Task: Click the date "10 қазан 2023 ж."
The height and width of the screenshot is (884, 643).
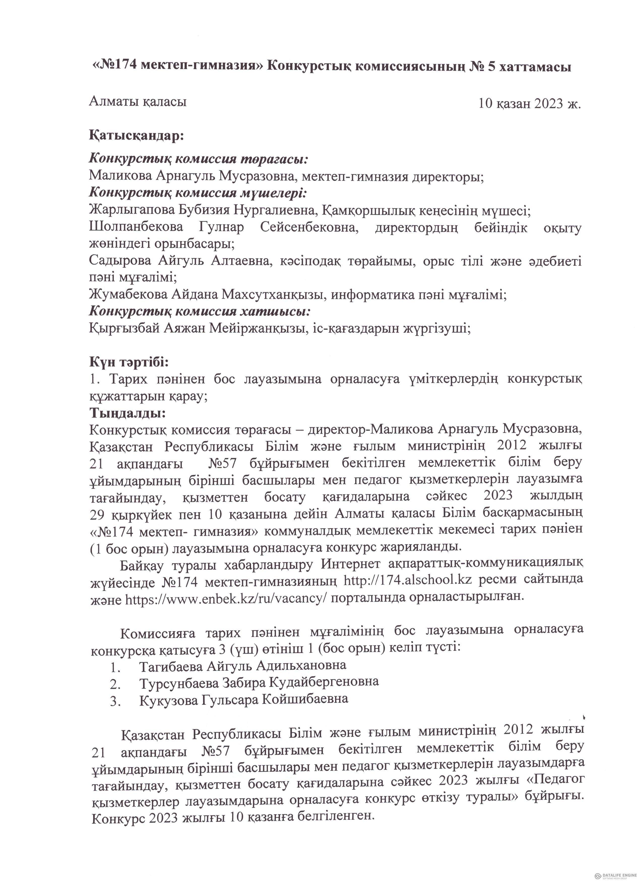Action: tap(530, 104)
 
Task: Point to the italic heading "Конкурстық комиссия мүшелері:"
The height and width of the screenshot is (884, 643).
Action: tap(198, 193)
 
